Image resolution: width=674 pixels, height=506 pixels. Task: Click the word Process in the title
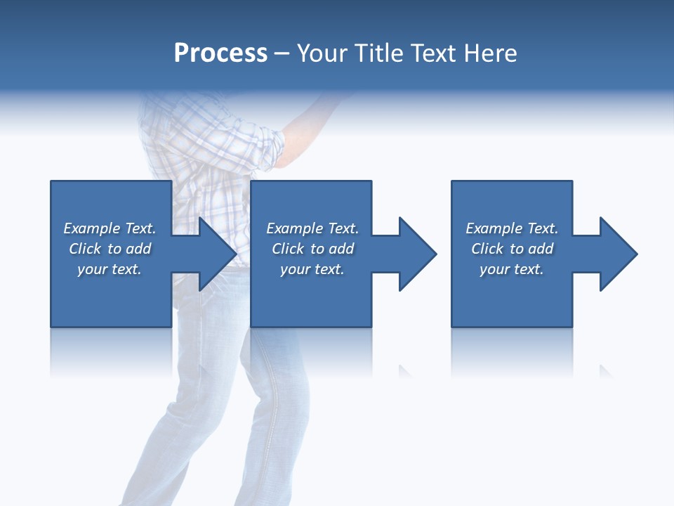[220, 53]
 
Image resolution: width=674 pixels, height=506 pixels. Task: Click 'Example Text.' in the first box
[110, 228]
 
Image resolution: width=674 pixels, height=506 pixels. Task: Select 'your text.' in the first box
[110, 269]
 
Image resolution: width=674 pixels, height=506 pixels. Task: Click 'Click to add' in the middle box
[312, 249]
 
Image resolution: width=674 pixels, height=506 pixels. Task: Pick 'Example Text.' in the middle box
[312, 228]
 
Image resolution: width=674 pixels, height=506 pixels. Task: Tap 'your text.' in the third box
[512, 269]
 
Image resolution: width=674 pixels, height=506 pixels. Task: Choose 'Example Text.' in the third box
[512, 228]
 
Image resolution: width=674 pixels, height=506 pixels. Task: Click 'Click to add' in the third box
[512, 249]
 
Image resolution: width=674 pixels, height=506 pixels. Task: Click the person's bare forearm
[309, 119]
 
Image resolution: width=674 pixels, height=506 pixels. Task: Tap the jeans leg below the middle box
[281, 394]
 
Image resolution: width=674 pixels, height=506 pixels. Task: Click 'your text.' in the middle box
[312, 269]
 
